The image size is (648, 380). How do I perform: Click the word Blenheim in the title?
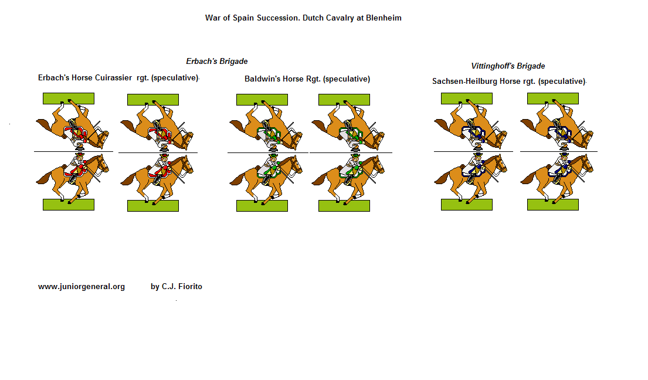click(384, 18)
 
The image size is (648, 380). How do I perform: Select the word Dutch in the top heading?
click(313, 18)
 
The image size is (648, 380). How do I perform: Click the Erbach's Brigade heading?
click(217, 61)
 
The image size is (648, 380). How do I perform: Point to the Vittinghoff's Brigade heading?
click(508, 66)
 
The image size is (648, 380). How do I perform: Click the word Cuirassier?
click(113, 77)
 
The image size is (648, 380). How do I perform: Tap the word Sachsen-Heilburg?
click(464, 82)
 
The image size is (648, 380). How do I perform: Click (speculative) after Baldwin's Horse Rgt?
click(347, 79)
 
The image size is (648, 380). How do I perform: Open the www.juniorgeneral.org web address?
click(82, 287)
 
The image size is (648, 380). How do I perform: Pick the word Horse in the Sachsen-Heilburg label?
click(510, 82)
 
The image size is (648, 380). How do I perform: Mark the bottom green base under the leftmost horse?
click(69, 205)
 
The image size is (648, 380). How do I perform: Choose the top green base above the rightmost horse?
click(553, 99)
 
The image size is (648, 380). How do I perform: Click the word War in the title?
click(212, 18)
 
